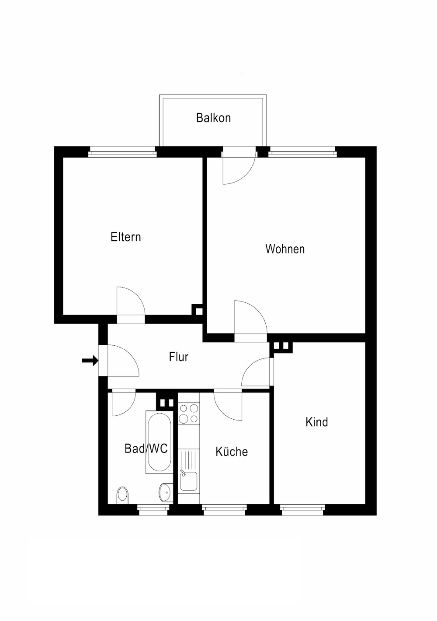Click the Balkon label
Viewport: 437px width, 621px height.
(213, 118)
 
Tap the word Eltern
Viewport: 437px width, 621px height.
(126, 237)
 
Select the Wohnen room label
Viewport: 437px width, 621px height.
(285, 249)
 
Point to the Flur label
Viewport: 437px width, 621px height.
(179, 357)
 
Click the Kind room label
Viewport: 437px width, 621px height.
(317, 422)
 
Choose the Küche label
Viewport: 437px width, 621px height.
(232, 451)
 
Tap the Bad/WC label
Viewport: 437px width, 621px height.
(146, 449)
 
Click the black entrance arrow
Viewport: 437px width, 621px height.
(90, 361)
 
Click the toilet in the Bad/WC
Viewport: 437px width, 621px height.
(123, 495)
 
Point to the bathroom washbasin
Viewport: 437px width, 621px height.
(166, 492)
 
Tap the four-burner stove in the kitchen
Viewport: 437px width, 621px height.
(189, 413)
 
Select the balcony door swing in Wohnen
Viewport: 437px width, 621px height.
(239, 169)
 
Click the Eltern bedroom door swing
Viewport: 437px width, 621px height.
(131, 301)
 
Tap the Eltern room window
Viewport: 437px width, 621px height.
(122, 152)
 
